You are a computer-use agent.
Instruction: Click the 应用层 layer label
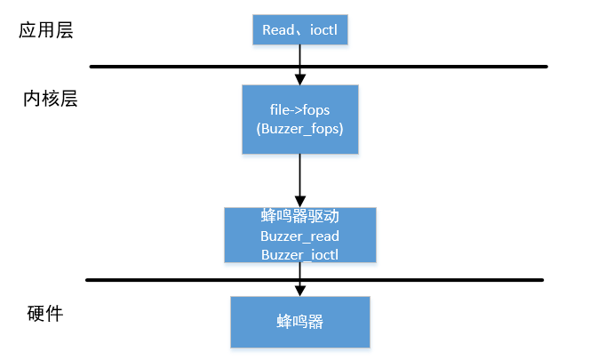coord(45,31)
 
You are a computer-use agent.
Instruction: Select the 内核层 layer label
coord(51,99)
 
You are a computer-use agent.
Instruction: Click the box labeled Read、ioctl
coord(299,30)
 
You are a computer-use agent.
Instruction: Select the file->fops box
coord(300,119)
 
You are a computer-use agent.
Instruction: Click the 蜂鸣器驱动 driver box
coord(300,236)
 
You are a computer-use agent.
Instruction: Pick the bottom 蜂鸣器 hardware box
coord(299,322)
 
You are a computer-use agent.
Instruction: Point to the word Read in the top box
coord(278,31)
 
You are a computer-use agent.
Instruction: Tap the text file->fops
coord(300,110)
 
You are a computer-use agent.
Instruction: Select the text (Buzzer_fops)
coord(300,129)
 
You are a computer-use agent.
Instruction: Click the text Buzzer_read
coord(300,236)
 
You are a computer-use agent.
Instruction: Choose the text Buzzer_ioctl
coord(300,254)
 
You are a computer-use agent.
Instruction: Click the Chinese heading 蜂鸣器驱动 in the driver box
coord(300,218)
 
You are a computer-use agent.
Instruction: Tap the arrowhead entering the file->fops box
coord(300,80)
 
